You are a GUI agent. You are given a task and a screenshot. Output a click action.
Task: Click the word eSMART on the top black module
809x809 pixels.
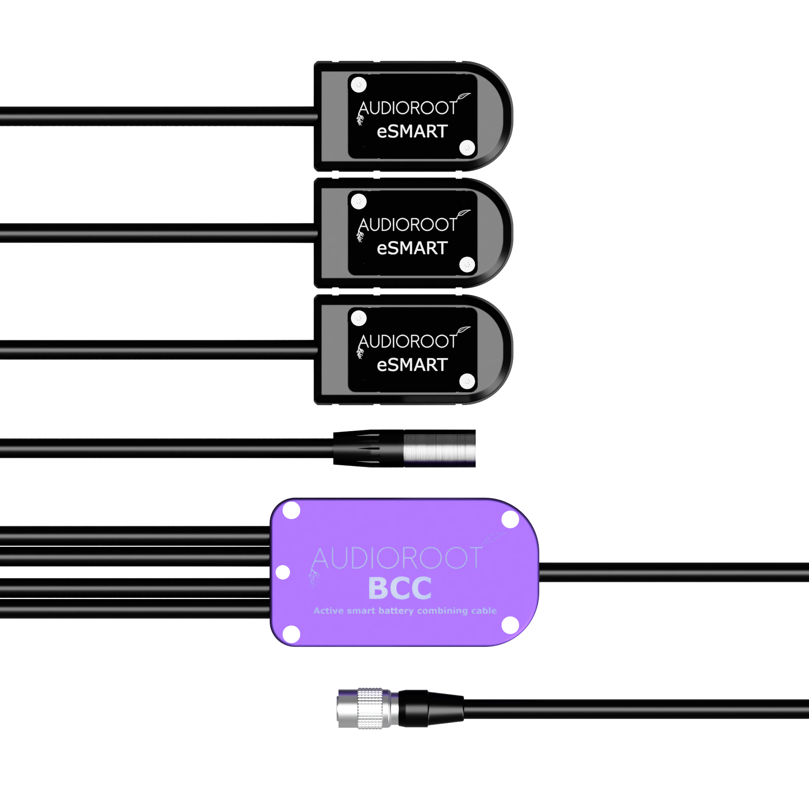[x=413, y=131]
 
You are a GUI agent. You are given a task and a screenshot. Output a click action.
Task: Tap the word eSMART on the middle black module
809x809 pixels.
[x=413, y=248]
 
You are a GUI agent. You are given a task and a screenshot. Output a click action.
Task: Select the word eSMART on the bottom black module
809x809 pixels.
[x=413, y=365]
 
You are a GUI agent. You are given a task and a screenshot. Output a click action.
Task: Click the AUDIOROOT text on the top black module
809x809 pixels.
[x=407, y=108]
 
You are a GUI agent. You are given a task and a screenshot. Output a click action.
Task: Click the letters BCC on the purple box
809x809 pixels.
[x=400, y=588]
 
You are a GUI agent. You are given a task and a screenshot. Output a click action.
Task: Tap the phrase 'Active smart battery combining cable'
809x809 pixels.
[x=405, y=610]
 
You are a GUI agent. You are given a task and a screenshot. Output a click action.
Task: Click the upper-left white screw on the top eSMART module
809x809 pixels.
[x=358, y=85]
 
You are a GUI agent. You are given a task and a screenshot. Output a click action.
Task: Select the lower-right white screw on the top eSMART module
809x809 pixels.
[x=467, y=147]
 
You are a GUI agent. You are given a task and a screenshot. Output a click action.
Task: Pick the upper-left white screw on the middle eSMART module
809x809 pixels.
[x=358, y=201]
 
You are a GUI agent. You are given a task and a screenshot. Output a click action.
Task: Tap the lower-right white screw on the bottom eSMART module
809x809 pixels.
[x=467, y=381]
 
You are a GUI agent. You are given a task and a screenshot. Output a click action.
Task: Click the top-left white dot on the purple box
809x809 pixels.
[x=291, y=510]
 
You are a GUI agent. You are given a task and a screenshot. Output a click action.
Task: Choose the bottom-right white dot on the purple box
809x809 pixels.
[x=510, y=626]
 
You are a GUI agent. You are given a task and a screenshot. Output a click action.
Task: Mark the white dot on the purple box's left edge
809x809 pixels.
[x=283, y=572]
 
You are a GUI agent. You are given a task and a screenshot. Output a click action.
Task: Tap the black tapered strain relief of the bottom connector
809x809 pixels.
[x=431, y=709]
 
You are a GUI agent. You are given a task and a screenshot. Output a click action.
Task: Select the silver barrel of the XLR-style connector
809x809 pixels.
[x=440, y=448]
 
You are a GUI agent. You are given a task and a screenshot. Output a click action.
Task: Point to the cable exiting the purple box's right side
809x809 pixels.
[x=674, y=572]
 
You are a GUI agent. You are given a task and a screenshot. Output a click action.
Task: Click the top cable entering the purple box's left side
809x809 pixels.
[x=135, y=536]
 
